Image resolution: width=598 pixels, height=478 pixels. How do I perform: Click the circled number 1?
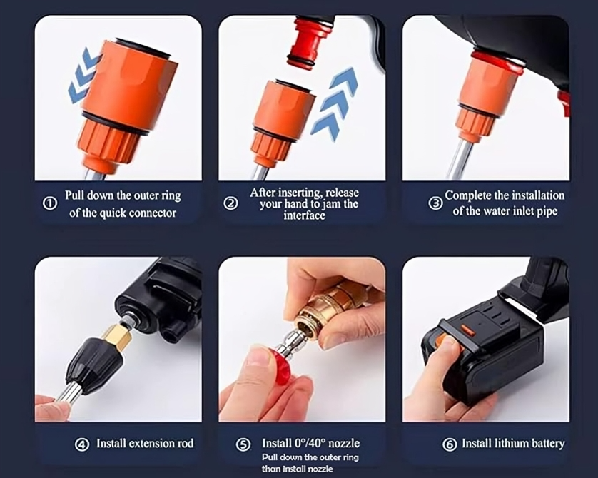(x=50, y=203)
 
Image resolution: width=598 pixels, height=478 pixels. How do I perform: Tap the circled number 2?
(x=230, y=203)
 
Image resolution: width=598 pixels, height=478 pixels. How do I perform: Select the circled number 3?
(x=435, y=203)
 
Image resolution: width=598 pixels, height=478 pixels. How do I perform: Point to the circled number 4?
(x=82, y=444)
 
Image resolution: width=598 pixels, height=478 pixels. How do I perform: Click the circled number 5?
(x=243, y=444)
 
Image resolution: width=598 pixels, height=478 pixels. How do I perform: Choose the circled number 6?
(x=449, y=444)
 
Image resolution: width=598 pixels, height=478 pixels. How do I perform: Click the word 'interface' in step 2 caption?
(x=304, y=215)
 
